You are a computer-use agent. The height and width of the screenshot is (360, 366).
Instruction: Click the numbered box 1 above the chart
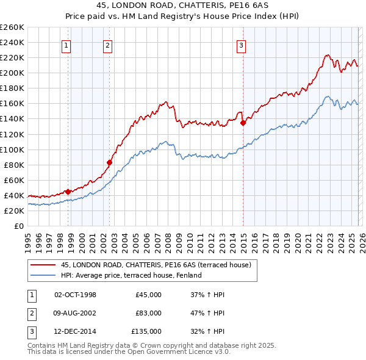[65, 45]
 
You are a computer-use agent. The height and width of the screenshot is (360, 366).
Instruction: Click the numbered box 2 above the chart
[107, 45]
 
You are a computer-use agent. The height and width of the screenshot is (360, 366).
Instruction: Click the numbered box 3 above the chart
[241, 45]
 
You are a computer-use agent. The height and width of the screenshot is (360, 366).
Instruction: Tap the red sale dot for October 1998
[68, 191]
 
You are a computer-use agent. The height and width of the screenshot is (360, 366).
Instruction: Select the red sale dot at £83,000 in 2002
[110, 162]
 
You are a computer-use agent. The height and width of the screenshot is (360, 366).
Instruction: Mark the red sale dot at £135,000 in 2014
[243, 123]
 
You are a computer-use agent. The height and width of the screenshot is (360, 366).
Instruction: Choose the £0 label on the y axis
[18, 226]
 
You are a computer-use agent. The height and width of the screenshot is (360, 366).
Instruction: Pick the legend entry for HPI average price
[131, 275]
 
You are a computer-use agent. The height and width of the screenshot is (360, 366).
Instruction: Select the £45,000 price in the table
[149, 295]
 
